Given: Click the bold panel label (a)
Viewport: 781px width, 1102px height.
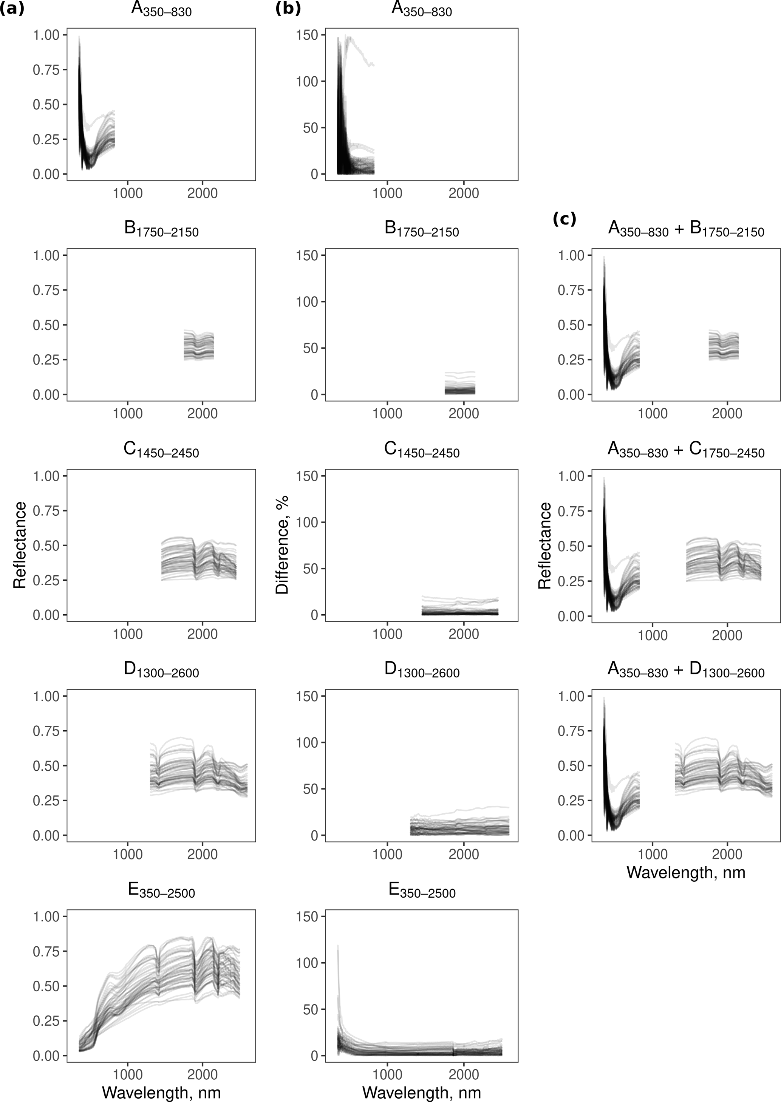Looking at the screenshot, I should coord(12,9).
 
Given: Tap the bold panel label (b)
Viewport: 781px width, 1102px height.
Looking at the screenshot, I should coord(288,9).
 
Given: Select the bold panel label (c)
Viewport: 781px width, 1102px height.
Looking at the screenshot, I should coord(564,219).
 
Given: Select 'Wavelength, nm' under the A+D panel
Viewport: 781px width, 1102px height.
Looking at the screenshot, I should coord(686,872).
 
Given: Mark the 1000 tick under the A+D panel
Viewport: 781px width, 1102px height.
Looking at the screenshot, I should coord(653,855).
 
